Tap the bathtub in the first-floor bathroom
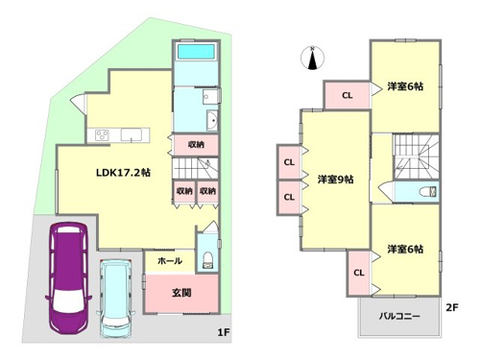[196, 52]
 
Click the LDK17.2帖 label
[123, 173]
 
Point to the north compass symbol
[313, 58]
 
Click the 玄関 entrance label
[181, 293]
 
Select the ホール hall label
[170, 261]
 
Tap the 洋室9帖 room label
[335, 180]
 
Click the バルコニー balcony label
[399, 316]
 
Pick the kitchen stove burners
[103, 134]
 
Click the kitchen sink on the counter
[132, 134]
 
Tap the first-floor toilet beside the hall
[207, 260]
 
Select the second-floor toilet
[428, 192]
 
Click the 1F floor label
[224, 332]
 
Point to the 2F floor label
[452, 307]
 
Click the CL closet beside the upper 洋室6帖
[348, 95]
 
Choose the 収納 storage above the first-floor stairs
[196, 145]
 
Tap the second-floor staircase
[416, 156]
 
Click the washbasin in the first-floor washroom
[211, 120]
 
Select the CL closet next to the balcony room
[359, 273]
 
